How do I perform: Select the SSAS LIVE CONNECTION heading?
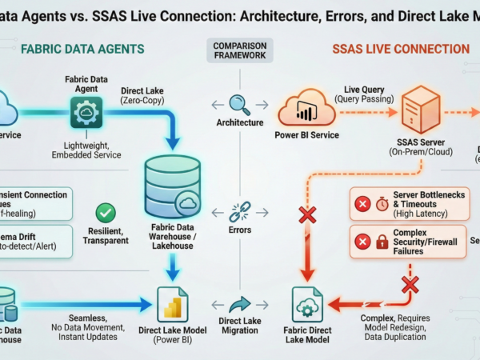tap(401, 50)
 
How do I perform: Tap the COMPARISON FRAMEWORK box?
tap(240, 51)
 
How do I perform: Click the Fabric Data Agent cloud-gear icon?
tap(86, 114)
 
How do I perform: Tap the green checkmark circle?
tap(106, 214)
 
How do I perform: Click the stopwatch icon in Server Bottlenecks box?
tap(382, 205)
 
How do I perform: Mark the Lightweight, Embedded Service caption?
tap(86, 150)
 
